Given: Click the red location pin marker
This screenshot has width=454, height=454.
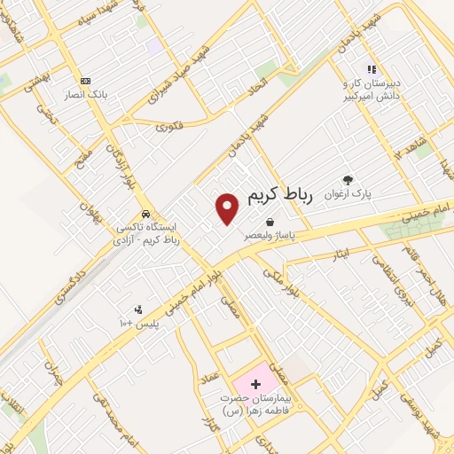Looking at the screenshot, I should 228,207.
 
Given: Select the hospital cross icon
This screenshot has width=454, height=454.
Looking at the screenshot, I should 256,385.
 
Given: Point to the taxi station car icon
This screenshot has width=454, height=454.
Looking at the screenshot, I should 145,215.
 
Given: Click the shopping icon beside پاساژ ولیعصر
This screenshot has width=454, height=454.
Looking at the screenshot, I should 269,223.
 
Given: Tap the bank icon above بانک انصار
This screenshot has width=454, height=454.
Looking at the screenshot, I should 84,79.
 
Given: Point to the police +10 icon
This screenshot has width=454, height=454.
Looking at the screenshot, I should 138,309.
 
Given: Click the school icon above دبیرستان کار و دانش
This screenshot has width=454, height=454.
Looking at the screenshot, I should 372,68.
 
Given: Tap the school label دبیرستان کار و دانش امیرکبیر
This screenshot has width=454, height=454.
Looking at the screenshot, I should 372,88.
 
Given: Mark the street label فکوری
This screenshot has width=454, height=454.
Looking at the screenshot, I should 173,127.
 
